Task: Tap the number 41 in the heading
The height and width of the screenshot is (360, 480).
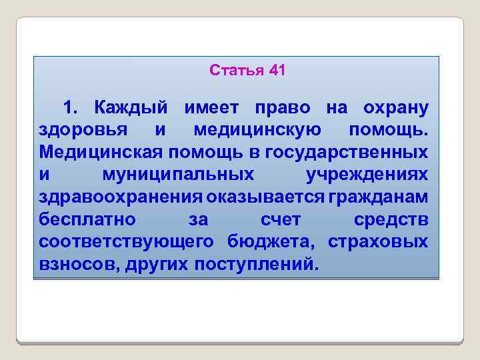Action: (276, 70)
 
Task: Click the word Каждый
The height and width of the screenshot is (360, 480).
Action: (135, 107)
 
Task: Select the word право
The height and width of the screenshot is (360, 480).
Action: (284, 107)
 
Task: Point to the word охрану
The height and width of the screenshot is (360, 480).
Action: (395, 107)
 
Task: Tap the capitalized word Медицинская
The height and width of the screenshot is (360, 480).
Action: (101, 152)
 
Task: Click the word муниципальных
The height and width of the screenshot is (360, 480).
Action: (178, 175)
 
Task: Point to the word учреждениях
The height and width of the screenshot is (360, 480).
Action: (367, 175)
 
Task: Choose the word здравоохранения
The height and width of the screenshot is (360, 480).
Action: (121, 197)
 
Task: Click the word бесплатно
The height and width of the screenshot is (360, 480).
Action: (87, 219)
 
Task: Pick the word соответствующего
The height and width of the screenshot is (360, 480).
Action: (126, 241)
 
